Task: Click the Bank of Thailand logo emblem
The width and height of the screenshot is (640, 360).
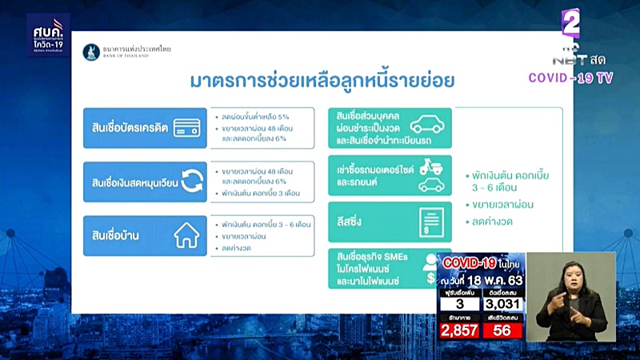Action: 91,52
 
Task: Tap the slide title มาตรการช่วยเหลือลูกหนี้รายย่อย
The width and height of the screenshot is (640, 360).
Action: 322,81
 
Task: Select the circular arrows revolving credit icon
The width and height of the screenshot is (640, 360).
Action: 190,182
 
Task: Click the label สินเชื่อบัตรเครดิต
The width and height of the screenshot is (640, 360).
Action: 129,128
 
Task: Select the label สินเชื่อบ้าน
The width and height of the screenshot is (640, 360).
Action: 118,236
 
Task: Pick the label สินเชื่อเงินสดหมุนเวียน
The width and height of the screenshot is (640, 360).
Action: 133,182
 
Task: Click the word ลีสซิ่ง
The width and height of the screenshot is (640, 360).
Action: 353,222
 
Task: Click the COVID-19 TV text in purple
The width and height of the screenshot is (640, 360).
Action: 570,78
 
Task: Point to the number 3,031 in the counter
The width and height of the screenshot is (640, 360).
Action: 503,304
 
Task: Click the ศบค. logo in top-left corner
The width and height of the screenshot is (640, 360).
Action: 48,34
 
